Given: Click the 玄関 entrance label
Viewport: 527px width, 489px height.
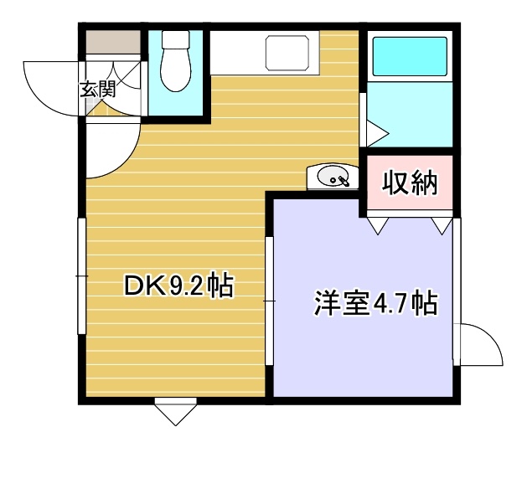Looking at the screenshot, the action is [98, 89].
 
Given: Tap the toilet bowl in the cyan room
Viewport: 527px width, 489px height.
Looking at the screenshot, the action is [176, 69].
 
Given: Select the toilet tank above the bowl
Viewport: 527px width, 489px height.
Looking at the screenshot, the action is [176, 39].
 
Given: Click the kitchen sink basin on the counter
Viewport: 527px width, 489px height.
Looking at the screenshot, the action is [287, 53].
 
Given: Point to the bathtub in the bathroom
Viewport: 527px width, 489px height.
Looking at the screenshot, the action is [410, 56].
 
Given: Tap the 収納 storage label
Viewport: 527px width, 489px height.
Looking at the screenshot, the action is [410, 183].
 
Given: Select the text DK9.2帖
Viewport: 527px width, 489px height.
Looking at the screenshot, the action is [178, 286].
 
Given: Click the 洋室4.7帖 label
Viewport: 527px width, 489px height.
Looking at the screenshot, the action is [376, 304].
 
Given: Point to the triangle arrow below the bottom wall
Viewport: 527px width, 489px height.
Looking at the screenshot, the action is [175, 414].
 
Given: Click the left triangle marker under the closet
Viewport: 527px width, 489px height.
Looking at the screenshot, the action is [378, 226].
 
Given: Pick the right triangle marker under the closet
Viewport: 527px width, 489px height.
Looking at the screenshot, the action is [442, 226].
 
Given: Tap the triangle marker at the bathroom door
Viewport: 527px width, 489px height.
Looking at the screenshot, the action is [377, 134].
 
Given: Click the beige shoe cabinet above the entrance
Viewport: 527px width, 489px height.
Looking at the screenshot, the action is [113, 42].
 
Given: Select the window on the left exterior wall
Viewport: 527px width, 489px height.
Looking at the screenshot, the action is [82, 276].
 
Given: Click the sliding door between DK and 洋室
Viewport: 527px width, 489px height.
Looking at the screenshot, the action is [269, 301].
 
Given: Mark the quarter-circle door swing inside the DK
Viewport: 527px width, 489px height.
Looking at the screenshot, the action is [127, 162].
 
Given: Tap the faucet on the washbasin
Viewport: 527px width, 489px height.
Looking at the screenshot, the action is [344, 181].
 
